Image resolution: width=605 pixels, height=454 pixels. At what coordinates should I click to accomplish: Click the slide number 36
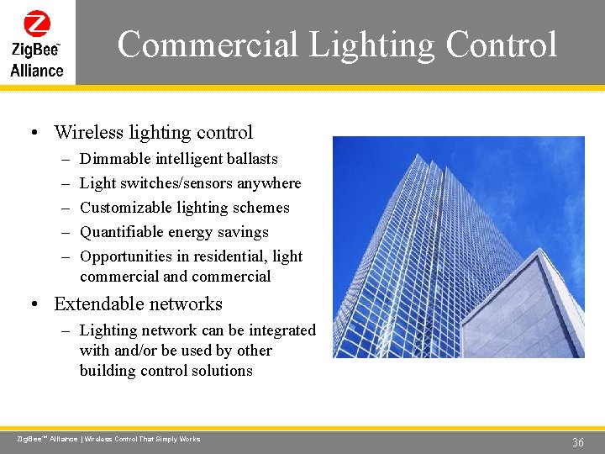(x=578, y=442)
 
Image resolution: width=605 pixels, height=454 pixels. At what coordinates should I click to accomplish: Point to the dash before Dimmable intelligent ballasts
(x=66, y=159)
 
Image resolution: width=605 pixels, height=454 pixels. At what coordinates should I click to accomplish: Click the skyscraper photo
(x=458, y=247)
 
